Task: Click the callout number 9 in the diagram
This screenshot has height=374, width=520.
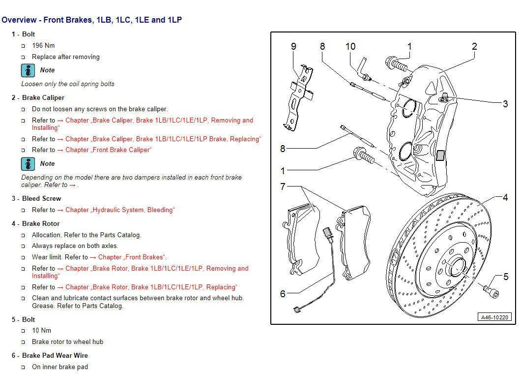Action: [x=293, y=47]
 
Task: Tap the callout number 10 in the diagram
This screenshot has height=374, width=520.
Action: [x=350, y=46]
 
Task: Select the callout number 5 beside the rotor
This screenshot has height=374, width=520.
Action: [x=506, y=277]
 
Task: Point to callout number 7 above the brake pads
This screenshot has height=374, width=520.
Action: [x=283, y=187]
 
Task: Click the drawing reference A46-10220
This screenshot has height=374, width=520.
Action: [x=495, y=317]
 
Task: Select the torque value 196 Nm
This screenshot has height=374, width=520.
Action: [x=43, y=45]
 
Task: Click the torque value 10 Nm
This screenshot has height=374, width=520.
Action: [x=41, y=330]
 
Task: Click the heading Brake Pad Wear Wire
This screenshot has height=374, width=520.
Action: [x=55, y=355]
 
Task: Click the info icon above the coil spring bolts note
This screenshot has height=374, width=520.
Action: [x=28, y=70]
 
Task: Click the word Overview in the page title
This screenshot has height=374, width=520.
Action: [x=19, y=20]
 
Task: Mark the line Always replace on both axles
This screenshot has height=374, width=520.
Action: [x=75, y=246]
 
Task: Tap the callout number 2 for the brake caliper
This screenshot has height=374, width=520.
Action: [x=474, y=47]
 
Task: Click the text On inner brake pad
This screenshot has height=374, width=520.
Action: [x=59, y=367]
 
